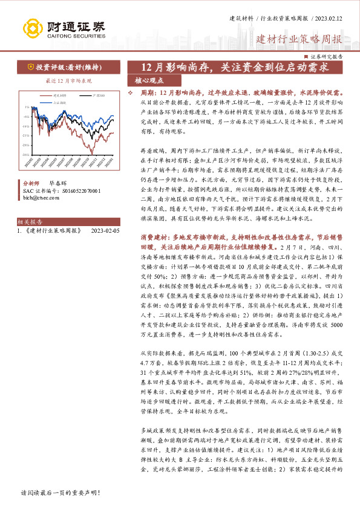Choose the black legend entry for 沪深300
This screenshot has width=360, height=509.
[97, 96]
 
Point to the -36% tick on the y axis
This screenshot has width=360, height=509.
[26, 155]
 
